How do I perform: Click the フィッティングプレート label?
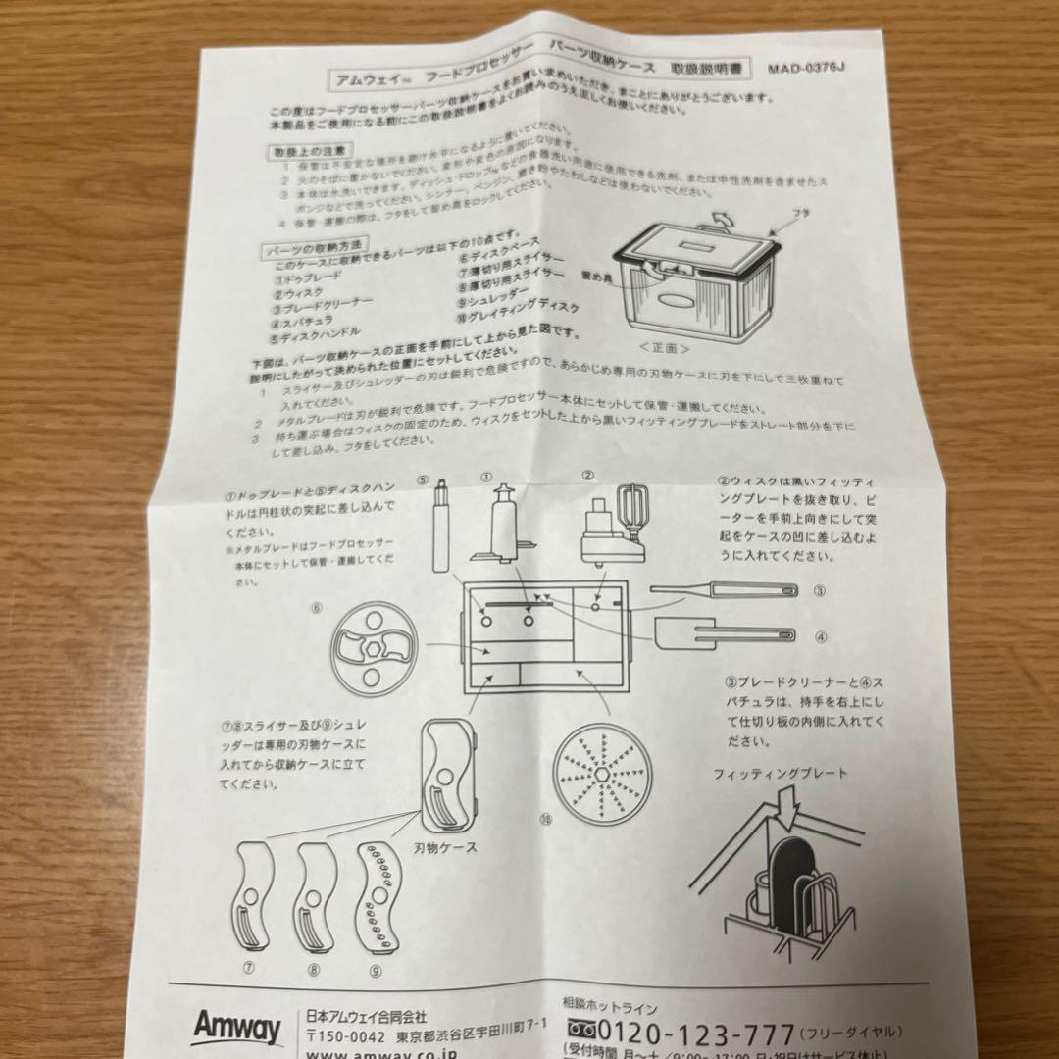pos(780,774)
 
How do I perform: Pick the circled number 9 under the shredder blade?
pos(376,970)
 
